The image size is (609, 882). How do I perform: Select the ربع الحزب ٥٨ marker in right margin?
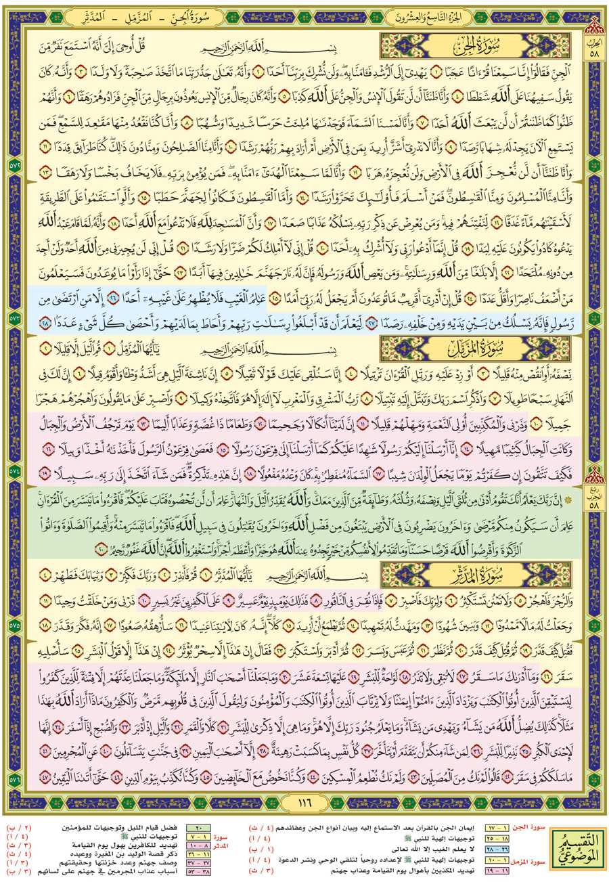click(x=596, y=467)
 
